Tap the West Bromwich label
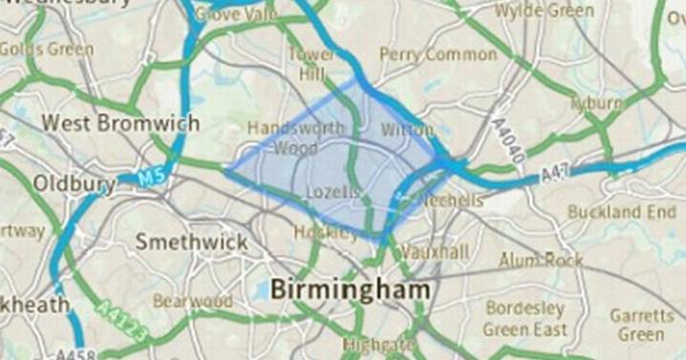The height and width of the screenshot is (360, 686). click(x=120, y=124)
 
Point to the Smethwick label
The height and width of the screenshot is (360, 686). click(x=191, y=242)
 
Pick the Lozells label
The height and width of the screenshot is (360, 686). click(x=332, y=192)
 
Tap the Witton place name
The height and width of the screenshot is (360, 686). click(x=407, y=129)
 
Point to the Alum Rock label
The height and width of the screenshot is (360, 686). click(x=541, y=260)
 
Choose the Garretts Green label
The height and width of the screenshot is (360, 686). click(x=641, y=325)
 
